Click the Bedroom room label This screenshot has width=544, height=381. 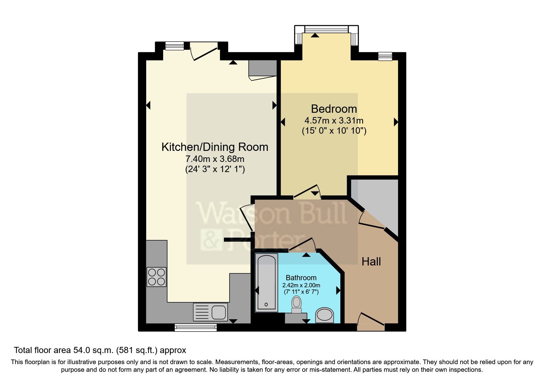point(334,109)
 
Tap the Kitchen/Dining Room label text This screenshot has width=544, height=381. point(215,147)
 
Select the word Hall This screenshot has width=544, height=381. point(371,262)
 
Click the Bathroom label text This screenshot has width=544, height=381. point(301,278)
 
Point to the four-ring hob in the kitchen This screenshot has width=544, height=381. point(157,277)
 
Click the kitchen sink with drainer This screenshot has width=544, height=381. point(211,312)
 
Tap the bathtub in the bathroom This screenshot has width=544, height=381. point(266,282)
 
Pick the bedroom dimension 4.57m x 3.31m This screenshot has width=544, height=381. point(334,121)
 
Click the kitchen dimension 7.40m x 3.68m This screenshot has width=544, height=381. point(215,159)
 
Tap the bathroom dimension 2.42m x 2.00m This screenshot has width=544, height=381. point(301,285)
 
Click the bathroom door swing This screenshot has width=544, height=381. point(303,244)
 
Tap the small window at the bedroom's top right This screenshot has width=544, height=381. point(385,56)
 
